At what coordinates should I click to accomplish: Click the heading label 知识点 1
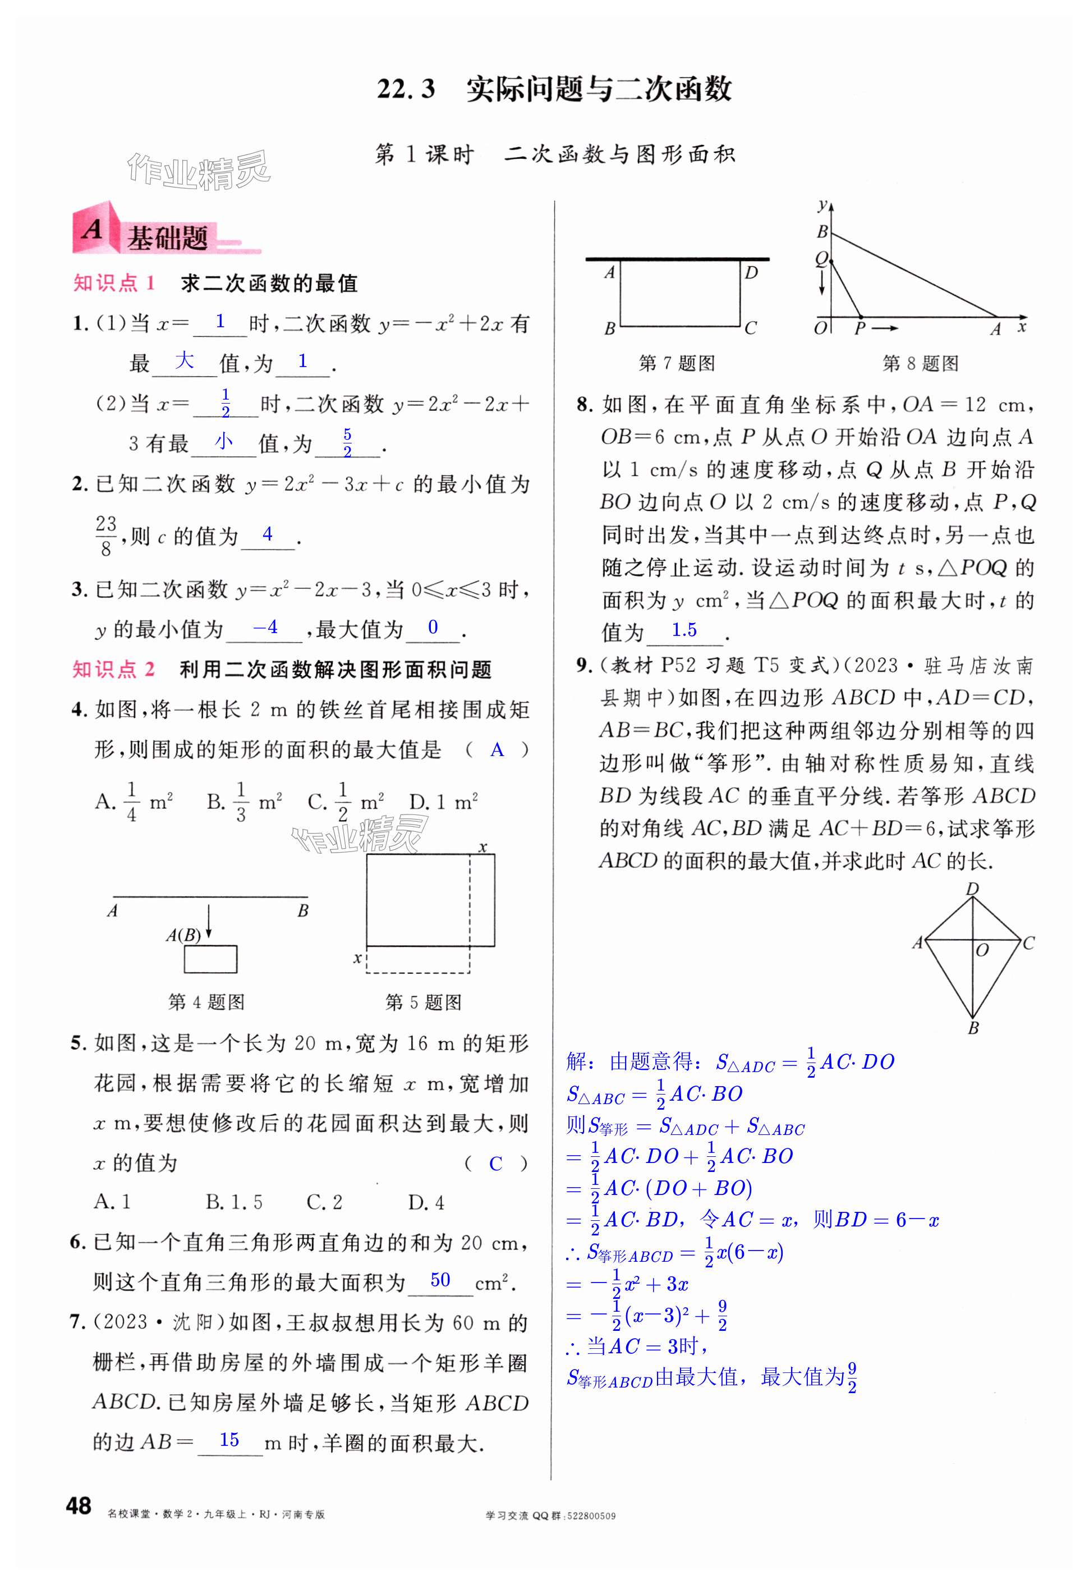pos(114,283)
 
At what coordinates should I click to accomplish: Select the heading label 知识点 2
pos(113,670)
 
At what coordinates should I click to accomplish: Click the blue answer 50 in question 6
pos(440,1280)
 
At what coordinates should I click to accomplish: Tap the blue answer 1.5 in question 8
pos(684,630)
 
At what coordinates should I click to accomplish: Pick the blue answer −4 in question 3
pos(265,627)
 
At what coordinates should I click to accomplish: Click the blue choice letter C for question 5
pos(496,1164)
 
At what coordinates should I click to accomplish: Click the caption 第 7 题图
pos(676,363)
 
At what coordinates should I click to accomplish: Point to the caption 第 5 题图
pos(423,1002)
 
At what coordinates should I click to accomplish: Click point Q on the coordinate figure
pos(821,259)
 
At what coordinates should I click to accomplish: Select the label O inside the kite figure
pos(982,950)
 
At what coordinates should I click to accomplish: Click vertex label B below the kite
pos(973,1028)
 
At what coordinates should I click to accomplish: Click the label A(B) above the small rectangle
pos(183,935)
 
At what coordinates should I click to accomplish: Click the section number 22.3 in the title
pos(406,89)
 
